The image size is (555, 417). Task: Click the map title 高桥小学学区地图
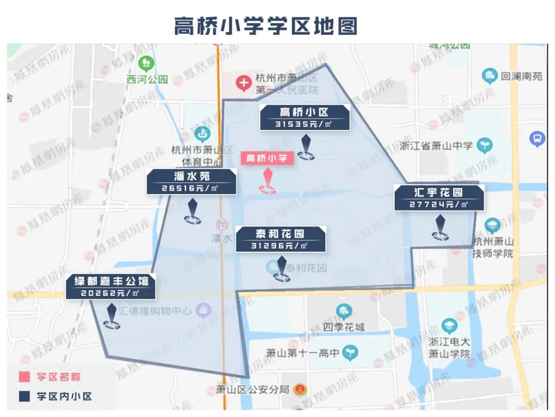[x=265, y=26]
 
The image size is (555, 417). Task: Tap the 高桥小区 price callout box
[x=305, y=118]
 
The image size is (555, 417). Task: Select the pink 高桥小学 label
[x=267, y=158]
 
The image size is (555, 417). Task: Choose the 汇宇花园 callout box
[x=439, y=198]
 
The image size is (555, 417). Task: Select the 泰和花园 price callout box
[x=281, y=239]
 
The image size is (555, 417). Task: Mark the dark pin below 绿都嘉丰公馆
[x=112, y=316]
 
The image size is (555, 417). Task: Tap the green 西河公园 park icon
[x=147, y=64]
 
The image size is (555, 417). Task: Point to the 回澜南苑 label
[x=522, y=77]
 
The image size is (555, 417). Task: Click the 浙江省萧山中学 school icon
[x=484, y=145]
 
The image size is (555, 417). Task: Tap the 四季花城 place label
[x=344, y=327]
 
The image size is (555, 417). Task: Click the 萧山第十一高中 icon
[x=350, y=353]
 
